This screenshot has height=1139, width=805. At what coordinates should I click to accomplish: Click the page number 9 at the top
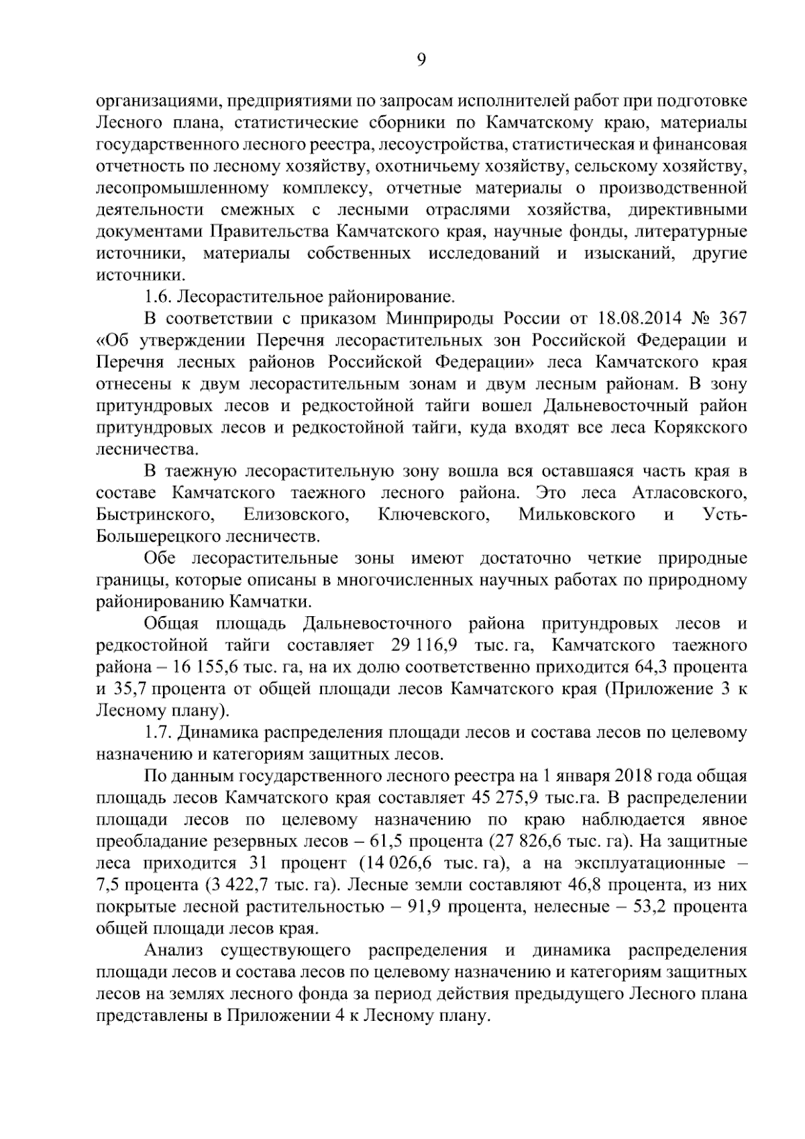pos(421,60)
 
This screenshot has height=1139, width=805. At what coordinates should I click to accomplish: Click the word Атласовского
pos(690,493)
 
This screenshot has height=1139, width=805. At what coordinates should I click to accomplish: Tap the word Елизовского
pos(296,515)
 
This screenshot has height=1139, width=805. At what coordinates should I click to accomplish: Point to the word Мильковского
pos(576,515)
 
